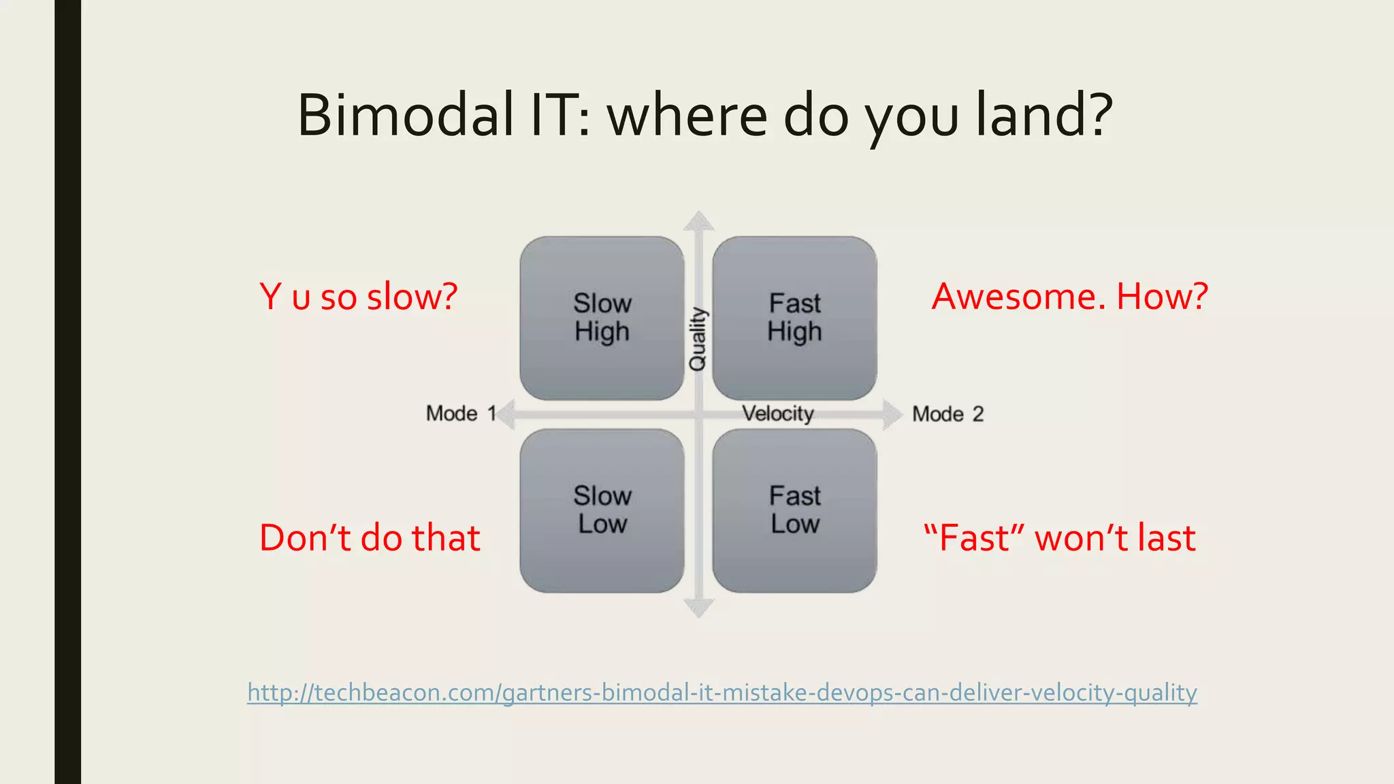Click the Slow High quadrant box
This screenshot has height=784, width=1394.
point(602,318)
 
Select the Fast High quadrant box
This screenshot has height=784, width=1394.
point(794,318)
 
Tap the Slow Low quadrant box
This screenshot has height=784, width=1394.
point(602,510)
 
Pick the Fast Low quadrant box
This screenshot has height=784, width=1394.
point(794,510)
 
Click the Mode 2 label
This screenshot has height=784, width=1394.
point(947,414)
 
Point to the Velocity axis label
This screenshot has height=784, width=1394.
point(777,413)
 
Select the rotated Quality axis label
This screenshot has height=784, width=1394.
point(698,339)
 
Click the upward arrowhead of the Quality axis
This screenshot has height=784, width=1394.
point(698,221)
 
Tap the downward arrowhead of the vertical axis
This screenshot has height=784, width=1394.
point(698,608)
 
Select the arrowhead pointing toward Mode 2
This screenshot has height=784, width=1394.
point(892,414)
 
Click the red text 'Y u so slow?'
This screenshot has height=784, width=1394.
point(359,297)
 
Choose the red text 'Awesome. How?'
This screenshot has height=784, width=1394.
point(1069,297)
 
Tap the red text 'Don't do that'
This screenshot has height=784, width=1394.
point(370,538)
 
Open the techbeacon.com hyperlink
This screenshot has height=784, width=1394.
point(722,692)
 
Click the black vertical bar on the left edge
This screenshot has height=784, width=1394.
point(67,392)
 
